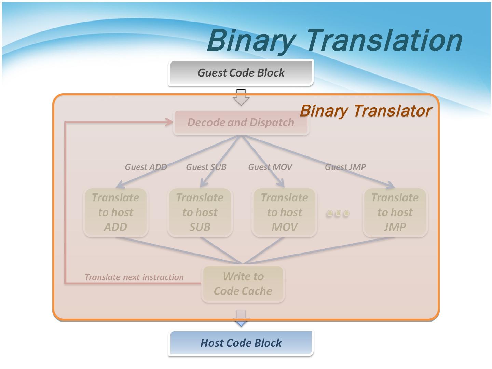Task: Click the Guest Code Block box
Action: tap(241, 72)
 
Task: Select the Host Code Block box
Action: tap(241, 343)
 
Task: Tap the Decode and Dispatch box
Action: tap(241, 122)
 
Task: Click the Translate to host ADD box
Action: tap(115, 212)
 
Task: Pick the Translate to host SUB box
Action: tap(200, 212)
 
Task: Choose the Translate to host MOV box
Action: tap(285, 212)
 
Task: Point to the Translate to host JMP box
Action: tap(395, 212)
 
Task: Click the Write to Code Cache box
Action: tap(243, 284)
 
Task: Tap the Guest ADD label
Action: tap(146, 167)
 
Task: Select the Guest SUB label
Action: tap(206, 167)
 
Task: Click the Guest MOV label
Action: tap(270, 167)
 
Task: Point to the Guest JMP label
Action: tap(345, 167)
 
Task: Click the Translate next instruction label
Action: tap(134, 277)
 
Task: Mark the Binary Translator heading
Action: tap(366, 111)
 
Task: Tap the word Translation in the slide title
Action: tap(383, 40)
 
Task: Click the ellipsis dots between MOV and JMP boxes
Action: tap(338, 214)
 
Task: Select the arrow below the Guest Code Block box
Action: tap(241, 97)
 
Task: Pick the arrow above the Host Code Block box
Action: tap(241, 318)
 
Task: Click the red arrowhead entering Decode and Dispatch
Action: tap(169, 122)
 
